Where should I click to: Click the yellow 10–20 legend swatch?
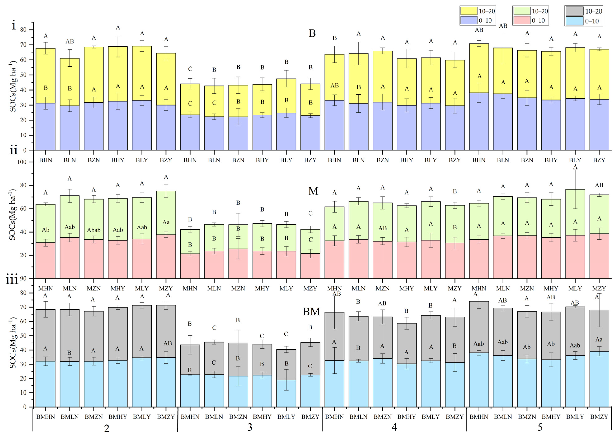coord(469,11)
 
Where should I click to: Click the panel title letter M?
coord(313,191)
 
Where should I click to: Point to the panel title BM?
coord(311,312)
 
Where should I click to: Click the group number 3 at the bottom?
coord(250,427)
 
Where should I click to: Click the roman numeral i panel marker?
coord(14,26)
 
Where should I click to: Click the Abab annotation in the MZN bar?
coord(94,230)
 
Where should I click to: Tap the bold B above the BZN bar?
coord(238,67)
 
